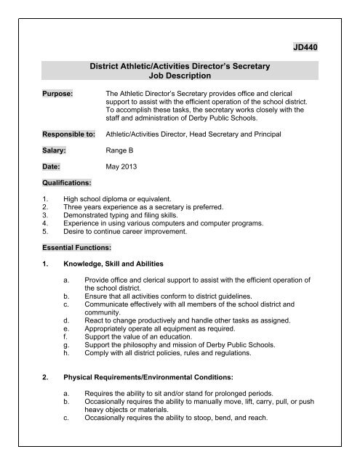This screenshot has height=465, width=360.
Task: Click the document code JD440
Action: point(305,47)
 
